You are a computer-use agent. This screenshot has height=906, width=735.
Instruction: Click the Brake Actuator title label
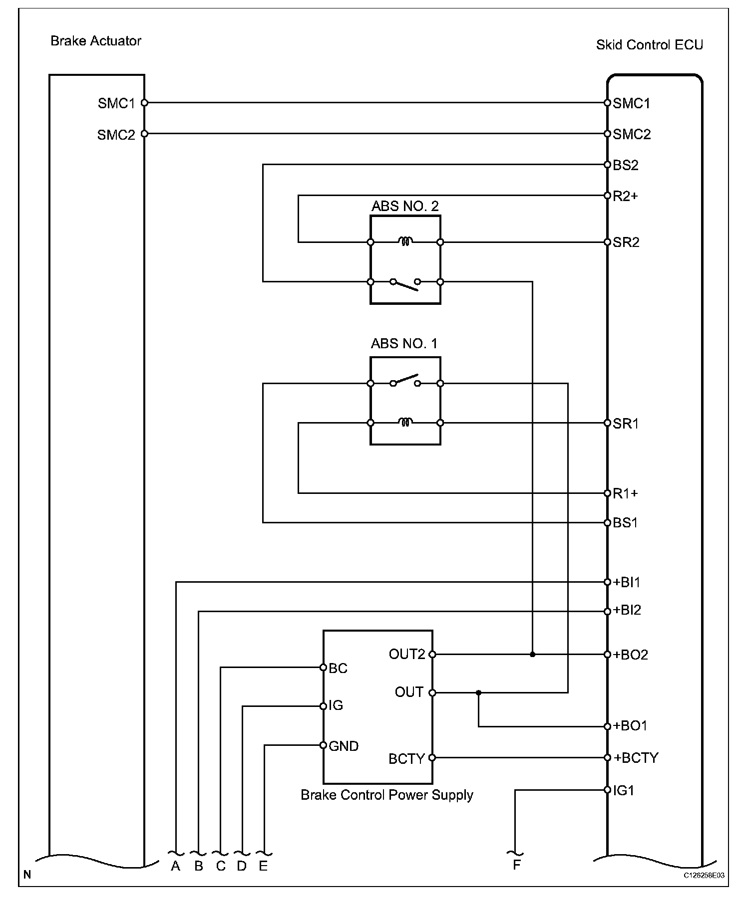coord(95,41)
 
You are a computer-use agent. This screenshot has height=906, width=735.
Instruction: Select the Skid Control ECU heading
coord(649,45)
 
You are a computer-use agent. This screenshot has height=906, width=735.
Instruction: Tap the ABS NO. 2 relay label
coord(405,207)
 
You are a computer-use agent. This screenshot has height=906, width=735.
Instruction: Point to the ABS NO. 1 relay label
coord(404,344)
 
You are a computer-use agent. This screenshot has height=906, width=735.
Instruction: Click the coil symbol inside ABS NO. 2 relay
coord(405,242)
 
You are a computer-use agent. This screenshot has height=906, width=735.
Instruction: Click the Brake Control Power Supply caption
coord(386,795)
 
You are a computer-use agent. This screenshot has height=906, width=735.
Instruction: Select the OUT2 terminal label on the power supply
coord(407,654)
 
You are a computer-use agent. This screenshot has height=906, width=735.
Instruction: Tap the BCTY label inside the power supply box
coord(406,759)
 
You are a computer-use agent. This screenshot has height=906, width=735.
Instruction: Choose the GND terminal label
coord(344,746)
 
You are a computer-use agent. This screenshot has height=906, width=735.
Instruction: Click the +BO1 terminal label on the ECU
coord(631,726)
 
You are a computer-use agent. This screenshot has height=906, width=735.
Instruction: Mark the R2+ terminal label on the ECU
coord(626,196)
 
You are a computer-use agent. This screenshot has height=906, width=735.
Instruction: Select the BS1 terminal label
coord(625,523)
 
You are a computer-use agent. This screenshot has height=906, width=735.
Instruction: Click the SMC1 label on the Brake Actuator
coord(116,103)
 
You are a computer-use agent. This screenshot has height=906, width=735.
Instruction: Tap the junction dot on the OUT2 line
coord(532,654)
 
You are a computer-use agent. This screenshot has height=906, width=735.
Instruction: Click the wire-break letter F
coord(517,865)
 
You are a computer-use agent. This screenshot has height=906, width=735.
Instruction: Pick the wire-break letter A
coord(175,866)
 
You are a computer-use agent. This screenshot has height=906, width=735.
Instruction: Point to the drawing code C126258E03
coord(704,876)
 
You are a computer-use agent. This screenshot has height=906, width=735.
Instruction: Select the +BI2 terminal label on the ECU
coord(627,610)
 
